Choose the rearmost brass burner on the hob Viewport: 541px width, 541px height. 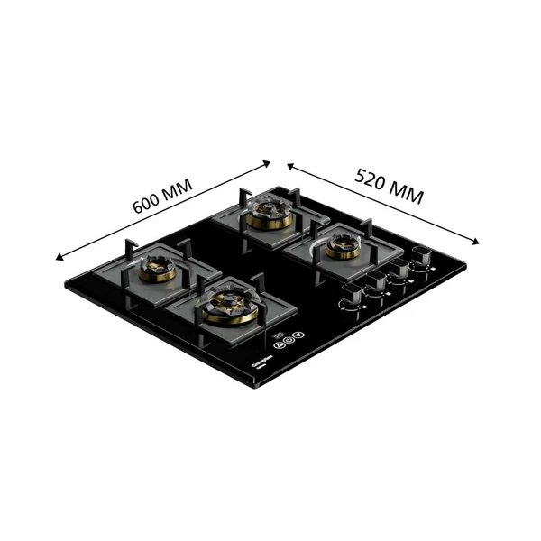tap(268, 213)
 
